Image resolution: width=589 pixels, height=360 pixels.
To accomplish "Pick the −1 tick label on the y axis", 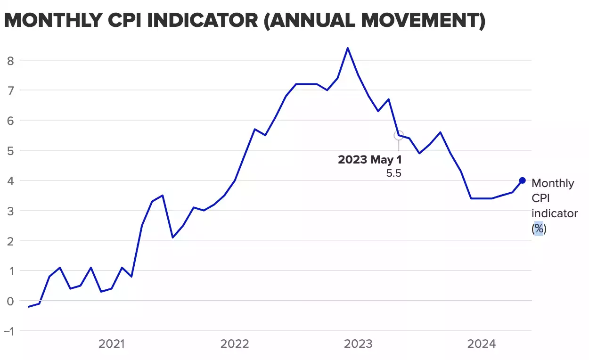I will click(9, 331).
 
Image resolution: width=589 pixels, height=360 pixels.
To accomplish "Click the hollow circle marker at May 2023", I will click(399, 135).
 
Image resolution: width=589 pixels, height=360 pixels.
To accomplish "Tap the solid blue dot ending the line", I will click(522, 180).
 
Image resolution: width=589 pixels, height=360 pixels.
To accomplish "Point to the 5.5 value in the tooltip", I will click(394, 173).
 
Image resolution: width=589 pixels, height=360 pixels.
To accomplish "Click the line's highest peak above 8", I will click(348, 48).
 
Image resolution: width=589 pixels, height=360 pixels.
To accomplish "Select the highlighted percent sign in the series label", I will click(539, 229).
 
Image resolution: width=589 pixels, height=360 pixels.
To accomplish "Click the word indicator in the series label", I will click(554, 213).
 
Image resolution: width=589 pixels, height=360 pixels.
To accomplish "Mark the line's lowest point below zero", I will click(29, 307).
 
